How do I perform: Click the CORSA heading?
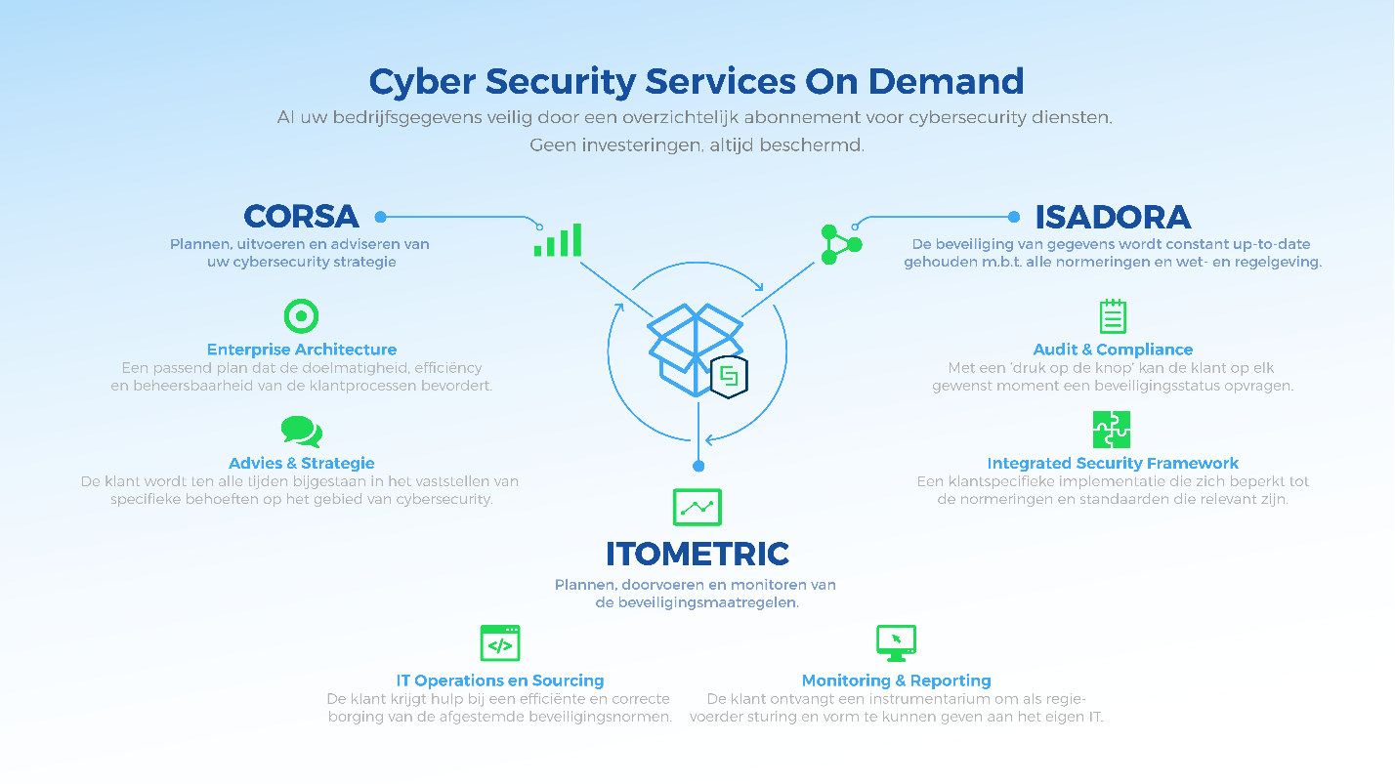click(301, 217)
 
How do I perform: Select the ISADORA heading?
click(1113, 217)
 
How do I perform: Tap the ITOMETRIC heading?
click(697, 554)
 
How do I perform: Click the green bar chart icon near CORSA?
click(558, 240)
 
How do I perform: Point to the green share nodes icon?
click(841, 244)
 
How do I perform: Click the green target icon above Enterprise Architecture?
click(302, 316)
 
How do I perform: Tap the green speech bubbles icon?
click(302, 432)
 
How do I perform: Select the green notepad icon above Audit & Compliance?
click(1113, 316)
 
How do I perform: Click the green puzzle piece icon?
click(1112, 430)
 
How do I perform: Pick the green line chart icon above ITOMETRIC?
click(697, 507)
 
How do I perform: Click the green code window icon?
click(500, 643)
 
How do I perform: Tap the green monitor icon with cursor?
click(896, 643)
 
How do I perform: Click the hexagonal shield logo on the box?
click(730, 377)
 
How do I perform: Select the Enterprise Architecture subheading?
click(302, 350)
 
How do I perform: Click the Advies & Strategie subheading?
click(302, 464)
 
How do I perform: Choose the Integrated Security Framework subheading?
click(1113, 464)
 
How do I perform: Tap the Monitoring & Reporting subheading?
click(896, 681)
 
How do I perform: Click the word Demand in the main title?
click(946, 81)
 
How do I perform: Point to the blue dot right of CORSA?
click(381, 217)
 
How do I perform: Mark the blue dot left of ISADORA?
click(1014, 217)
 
